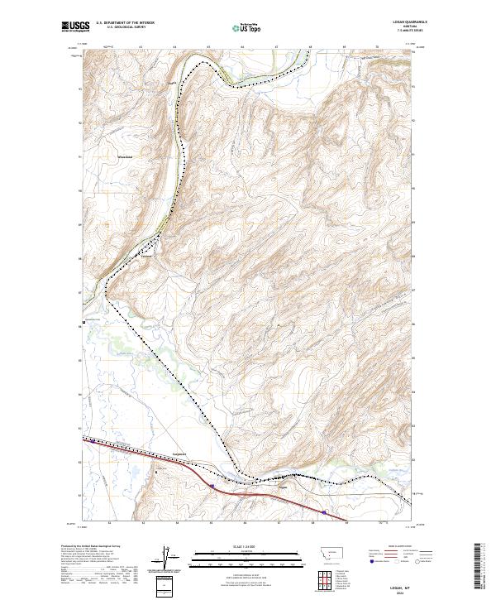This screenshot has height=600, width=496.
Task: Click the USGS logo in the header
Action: pos(76,26)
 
